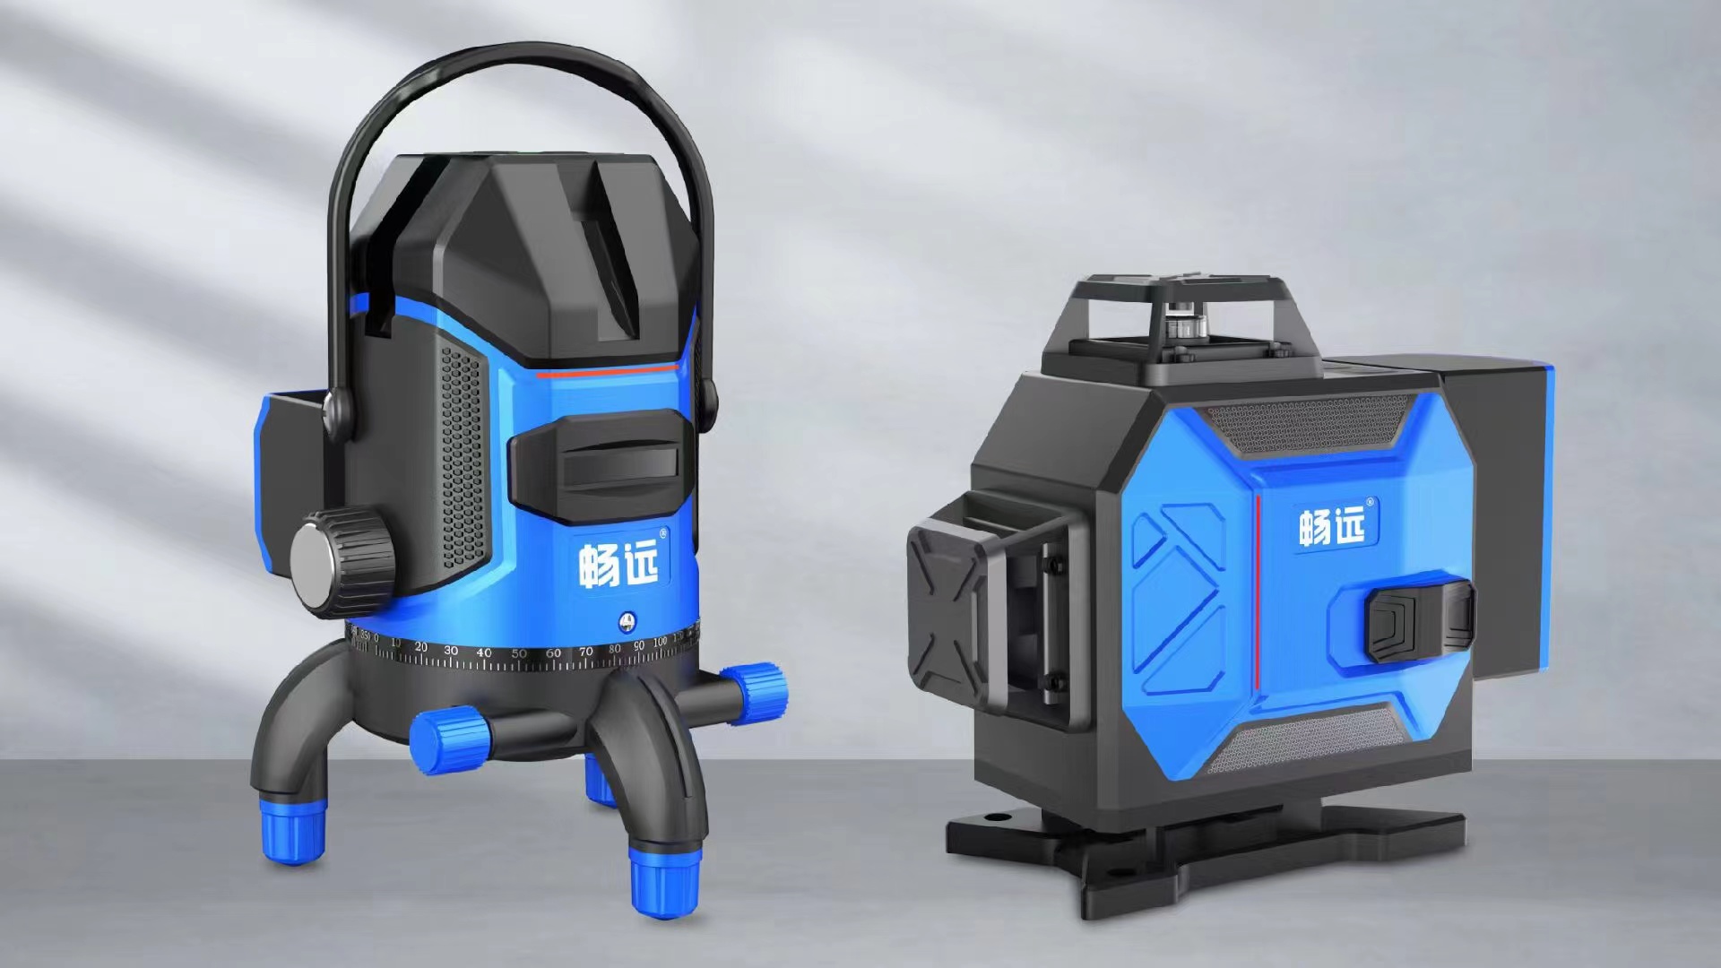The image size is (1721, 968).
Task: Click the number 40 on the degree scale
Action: (x=484, y=653)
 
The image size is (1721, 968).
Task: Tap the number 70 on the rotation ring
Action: (x=586, y=652)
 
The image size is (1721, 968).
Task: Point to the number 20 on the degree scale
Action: (x=421, y=647)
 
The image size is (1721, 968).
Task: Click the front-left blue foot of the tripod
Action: (x=293, y=836)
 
